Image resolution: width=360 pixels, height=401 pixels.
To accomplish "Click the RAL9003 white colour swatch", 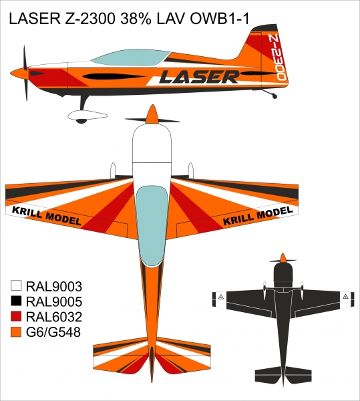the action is click(16, 285).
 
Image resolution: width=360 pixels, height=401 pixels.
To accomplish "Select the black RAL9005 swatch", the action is click(16, 301).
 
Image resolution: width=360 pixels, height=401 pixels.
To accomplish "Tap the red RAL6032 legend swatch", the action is click(16, 316).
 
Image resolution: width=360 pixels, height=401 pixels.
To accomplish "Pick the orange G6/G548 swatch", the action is click(16, 331).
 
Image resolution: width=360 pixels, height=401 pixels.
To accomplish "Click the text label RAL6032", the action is click(54, 317).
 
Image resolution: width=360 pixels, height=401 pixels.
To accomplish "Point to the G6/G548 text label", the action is click(53, 332).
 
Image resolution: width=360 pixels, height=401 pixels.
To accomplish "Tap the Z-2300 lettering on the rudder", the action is click(277, 57).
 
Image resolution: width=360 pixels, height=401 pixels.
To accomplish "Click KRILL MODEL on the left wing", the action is click(47, 216).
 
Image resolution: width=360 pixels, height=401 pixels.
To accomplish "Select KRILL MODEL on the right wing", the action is click(258, 216).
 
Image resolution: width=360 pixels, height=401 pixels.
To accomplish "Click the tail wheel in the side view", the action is click(275, 96).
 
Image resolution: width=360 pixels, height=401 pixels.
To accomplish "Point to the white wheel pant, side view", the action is click(87, 116).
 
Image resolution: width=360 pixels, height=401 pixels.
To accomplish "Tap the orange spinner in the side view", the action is click(19, 73).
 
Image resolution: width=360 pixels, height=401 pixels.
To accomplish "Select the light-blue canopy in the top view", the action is click(153, 226).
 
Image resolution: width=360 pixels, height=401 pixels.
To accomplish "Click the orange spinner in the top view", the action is click(152, 114).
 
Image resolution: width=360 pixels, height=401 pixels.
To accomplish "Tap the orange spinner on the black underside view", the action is click(283, 258).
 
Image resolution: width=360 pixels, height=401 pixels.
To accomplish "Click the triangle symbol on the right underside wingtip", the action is click(346, 296).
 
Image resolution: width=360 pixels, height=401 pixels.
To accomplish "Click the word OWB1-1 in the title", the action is click(220, 19).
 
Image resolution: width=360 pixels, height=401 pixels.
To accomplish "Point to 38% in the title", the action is click(136, 19).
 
